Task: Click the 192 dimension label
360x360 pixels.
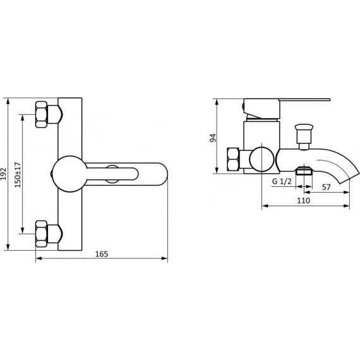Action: (x=3, y=174)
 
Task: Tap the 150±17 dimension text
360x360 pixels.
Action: (x=18, y=175)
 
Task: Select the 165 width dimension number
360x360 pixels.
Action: (x=102, y=254)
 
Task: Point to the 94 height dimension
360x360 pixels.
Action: (x=213, y=138)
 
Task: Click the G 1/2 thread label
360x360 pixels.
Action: (x=282, y=181)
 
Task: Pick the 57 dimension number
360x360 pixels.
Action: (x=327, y=187)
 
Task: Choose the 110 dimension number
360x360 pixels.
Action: (x=303, y=200)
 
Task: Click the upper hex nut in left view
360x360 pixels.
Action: (x=41, y=114)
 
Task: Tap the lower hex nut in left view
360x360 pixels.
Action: (x=41, y=234)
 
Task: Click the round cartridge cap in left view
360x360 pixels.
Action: (x=69, y=174)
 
